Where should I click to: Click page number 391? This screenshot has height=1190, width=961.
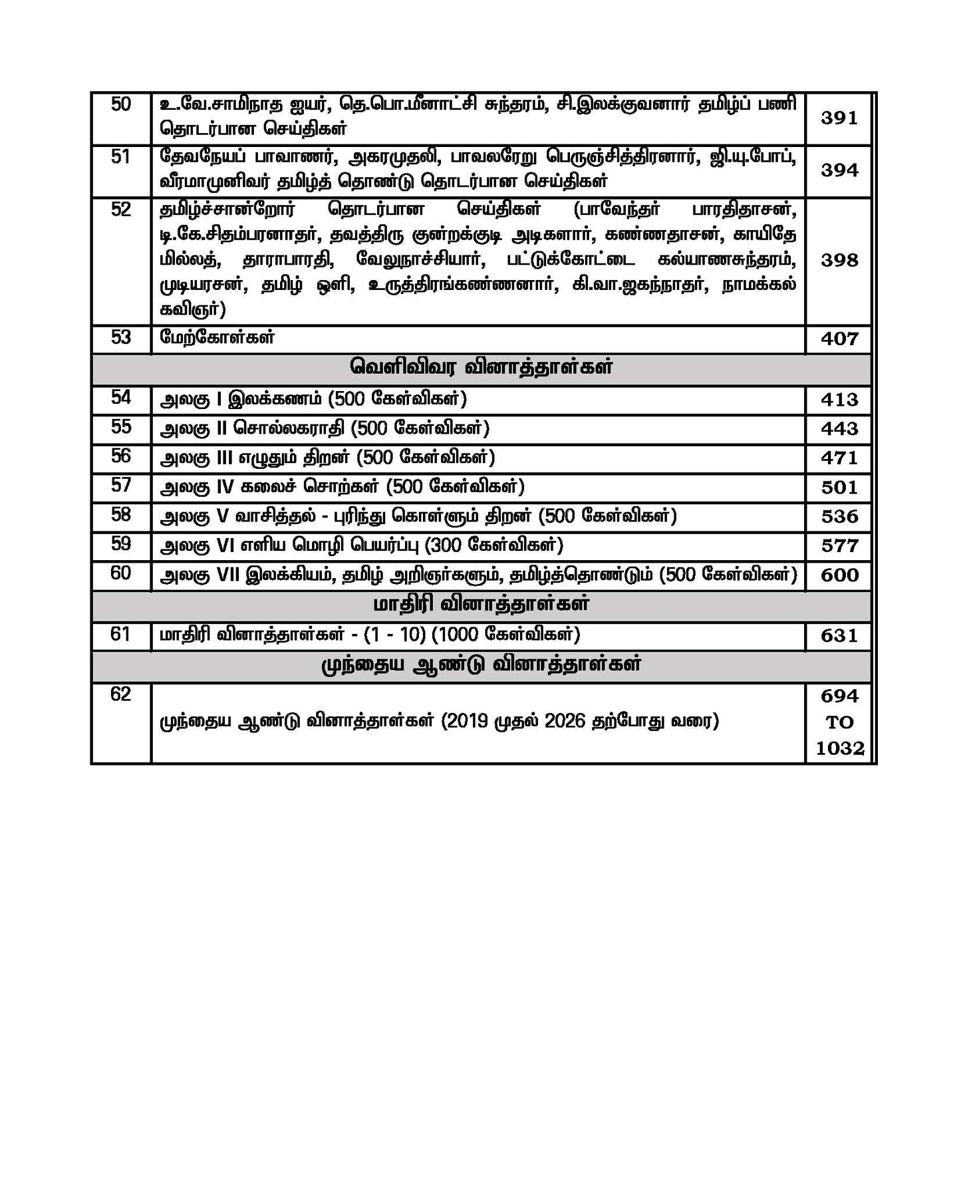[839, 118]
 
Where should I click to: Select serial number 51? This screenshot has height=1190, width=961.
[120, 157]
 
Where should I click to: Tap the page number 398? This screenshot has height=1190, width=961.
[839, 260]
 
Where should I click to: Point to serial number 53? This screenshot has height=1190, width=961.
[120, 337]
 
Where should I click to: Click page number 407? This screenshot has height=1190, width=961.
[839, 339]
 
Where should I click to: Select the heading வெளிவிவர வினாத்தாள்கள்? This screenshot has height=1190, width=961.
[481, 368]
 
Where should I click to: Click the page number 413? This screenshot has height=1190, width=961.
[839, 400]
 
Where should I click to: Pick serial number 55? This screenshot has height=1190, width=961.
[120, 426]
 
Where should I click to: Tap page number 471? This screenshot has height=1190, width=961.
[839, 458]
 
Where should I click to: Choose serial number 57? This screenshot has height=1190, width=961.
[120, 485]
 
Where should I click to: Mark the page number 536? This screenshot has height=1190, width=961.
[839, 517]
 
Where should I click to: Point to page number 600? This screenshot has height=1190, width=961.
[839, 575]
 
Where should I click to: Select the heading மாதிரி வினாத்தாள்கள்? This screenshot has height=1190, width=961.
[481, 605]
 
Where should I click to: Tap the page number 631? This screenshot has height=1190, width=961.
[839, 636]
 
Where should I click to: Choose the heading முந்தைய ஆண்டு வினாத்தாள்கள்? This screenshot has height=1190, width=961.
[481, 665]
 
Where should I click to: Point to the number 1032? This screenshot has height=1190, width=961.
[839, 748]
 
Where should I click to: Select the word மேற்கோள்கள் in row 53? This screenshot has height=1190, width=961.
[217, 337]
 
